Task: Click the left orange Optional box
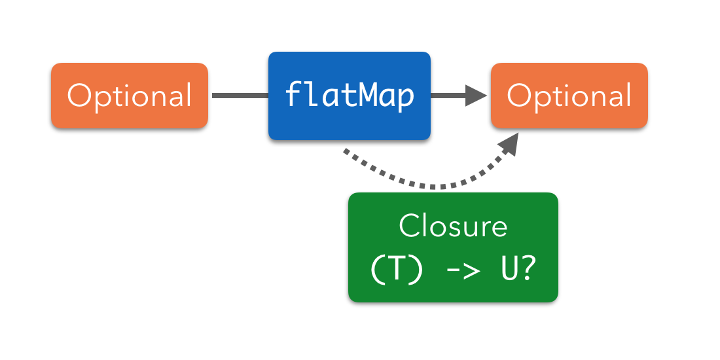click(130, 96)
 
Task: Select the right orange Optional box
click(569, 96)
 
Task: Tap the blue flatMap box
click(350, 96)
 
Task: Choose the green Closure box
click(453, 247)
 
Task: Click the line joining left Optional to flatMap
click(240, 96)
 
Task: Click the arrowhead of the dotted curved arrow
click(509, 143)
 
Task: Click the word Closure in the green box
click(453, 226)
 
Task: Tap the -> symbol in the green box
click(453, 270)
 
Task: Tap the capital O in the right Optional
click(520, 96)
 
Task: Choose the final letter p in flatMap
click(406, 98)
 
